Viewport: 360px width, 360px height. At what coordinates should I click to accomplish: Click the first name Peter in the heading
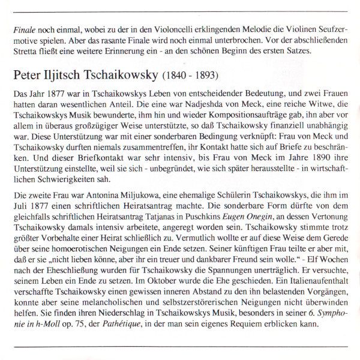28,77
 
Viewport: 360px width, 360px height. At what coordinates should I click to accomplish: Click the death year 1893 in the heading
206,77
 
